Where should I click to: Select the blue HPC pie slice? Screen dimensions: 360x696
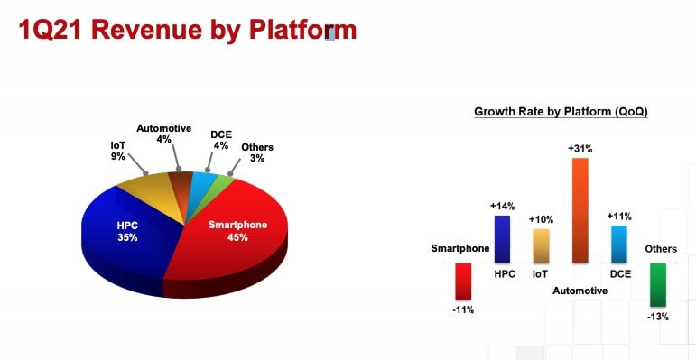click(x=126, y=235)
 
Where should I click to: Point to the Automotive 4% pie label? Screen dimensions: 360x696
click(x=163, y=134)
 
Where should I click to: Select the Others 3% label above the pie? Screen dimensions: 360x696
click(x=257, y=152)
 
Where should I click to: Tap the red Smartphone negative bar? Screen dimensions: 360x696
click(x=464, y=281)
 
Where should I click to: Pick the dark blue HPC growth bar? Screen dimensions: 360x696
click(x=502, y=239)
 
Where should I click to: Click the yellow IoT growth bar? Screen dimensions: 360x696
click(x=541, y=245)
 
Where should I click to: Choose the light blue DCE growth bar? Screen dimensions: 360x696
click(x=618, y=244)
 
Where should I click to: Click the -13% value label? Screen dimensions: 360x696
click(x=657, y=317)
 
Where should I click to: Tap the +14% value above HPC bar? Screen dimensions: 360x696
click(x=502, y=207)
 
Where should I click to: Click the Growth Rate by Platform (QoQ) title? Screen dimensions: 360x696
click(x=561, y=112)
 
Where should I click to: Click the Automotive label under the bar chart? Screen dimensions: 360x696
click(x=580, y=291)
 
